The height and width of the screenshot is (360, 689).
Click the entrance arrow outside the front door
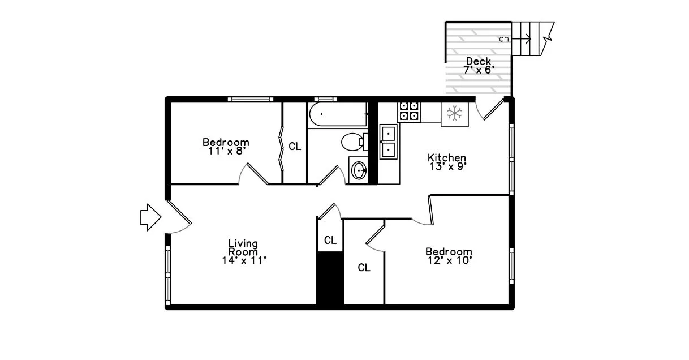click(150, 217)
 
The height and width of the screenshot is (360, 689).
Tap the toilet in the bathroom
click(352, 142)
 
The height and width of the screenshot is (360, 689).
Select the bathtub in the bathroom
click(337, 115)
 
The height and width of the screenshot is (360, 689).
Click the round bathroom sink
click(358, 169)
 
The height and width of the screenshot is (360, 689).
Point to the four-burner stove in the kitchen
click(409, 112)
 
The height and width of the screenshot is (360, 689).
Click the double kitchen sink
click(389, 142)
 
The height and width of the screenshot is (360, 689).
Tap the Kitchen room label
click(447, 157)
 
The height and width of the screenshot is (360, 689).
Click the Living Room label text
click(243, 247)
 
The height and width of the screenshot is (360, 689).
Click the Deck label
click(479, 61)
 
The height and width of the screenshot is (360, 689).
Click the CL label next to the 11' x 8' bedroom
click(295, 147)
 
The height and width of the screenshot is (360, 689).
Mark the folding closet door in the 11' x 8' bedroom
click(281, 151)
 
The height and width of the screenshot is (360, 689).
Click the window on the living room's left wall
click(168, 269)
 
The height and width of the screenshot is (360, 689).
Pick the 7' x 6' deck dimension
click(479, 69)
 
